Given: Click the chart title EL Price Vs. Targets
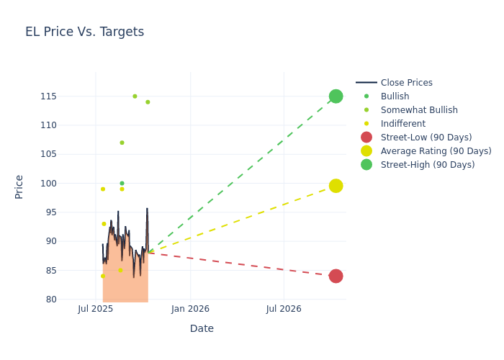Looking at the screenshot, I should (84, 32).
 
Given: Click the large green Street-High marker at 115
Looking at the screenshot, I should (336, 96).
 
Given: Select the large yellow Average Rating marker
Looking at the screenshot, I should (336, 186).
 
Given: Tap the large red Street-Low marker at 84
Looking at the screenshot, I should (336, 276).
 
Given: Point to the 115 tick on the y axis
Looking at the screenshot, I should (69, 96).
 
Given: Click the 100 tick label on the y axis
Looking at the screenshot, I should (69, 183).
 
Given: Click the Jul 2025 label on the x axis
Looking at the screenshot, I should (96, 310).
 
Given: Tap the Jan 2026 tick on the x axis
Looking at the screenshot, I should (190, 310).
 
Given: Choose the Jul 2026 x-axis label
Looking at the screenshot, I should (284, 310).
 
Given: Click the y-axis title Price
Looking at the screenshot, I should (19, 186).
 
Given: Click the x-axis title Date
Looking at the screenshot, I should (202, 328).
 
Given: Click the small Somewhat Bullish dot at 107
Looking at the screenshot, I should (122, 143).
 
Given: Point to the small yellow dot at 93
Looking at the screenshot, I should (104, 224).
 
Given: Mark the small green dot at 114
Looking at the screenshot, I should (148, 102).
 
